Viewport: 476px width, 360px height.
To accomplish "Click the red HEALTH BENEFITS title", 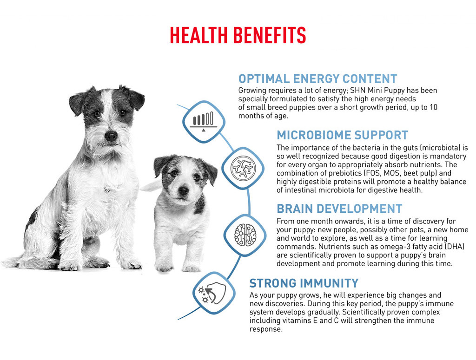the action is click(238, 35).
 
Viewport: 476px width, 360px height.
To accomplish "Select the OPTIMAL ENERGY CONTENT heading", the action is click(317, 79).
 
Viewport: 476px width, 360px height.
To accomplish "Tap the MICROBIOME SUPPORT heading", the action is click(343, 135).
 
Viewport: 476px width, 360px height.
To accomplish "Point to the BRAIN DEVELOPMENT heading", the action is click(339, 209).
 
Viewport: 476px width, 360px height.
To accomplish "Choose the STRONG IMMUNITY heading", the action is click(304, 283).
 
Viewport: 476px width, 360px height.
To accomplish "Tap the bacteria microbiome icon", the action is click(243, 168).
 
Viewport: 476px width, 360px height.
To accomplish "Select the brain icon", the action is click(245, 235).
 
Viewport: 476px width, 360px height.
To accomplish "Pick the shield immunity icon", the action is click(214, 293).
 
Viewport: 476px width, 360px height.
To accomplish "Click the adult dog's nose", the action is click(111, 136).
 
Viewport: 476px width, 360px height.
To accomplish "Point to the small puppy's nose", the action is click(183, 191).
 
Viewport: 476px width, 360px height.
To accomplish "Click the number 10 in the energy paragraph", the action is click(434, 107).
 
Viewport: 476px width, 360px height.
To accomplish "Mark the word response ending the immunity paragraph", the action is click(266, 329).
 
